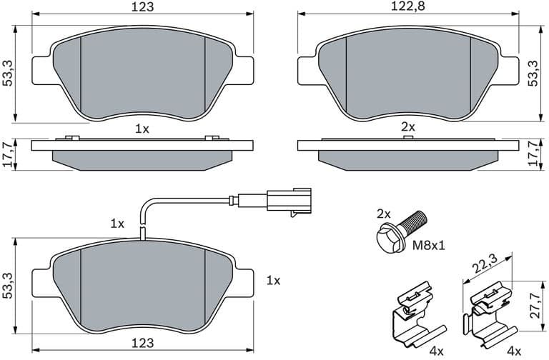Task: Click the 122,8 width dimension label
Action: coord(407,6)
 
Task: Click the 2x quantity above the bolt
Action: coord(385,213)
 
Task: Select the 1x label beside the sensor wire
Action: coord(118,224)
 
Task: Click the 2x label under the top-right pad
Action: coord(407,126)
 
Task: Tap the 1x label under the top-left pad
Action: coord(142,129)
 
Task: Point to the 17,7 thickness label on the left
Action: coord(8,154)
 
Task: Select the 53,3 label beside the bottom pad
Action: coord(8,285)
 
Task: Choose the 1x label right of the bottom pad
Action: coord(272,281)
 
